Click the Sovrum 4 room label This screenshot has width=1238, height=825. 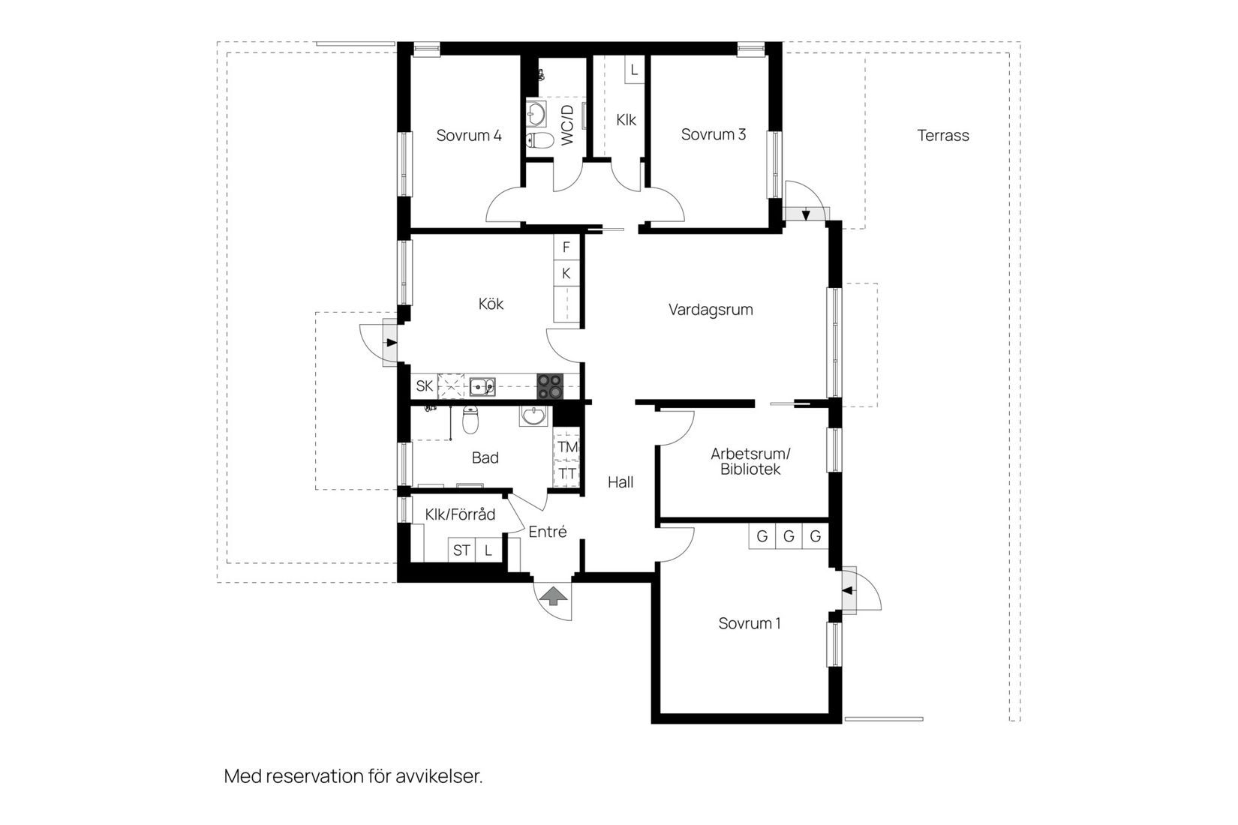click(468, 136)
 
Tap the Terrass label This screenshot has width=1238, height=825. click(942, 136)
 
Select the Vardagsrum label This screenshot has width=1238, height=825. click(710, 310)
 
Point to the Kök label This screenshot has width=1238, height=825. click(491, 304)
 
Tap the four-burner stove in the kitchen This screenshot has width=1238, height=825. click(549, 386)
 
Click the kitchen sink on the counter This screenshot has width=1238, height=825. click(482, 387)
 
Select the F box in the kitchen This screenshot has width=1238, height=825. click(566, 247)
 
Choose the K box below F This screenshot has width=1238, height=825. click(566, 274)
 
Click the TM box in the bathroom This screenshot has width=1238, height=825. click(567, 447)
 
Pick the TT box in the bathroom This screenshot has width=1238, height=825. click(567, 474)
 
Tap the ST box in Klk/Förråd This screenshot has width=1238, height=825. click(461, 550)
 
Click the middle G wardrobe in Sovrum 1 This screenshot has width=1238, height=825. click(788, 537)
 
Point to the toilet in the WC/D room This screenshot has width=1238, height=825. click(539, 140)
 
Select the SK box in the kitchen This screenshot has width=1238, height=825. click(424, 386)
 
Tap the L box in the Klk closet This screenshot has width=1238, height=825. click(634, 70)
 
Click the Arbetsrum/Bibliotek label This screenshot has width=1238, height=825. click(750, 461)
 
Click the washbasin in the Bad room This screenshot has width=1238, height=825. click(534, 415)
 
